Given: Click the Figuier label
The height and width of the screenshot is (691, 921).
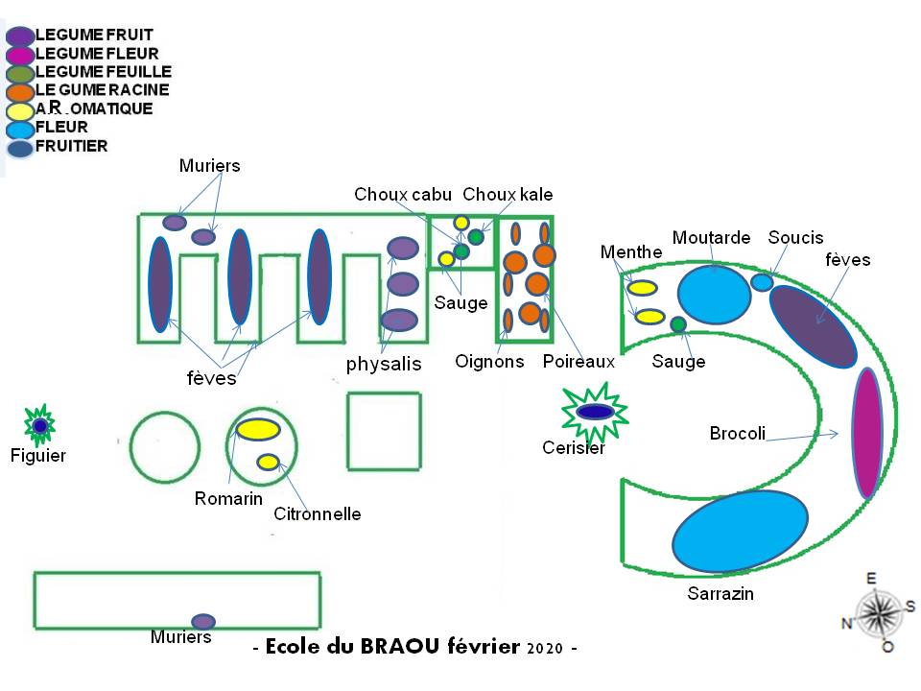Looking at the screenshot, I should pyautogui.click(x=39, y=455).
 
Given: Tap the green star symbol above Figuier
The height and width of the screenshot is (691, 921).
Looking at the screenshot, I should pyautogui.click(x=39, y=425).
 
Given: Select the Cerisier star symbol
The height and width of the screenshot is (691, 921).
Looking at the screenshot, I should pyautogui.click(x=595, y=412).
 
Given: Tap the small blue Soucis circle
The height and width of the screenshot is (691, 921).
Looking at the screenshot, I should pyautogui.click(x=762, y=282).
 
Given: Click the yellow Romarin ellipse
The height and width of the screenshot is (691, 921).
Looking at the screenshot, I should pyautogui.click(x=257, y=430).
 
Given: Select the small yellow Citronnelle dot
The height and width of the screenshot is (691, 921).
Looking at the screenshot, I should pyautogui.click(x=268, y=463).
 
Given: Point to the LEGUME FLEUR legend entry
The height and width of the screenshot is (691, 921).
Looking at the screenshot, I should pyautogui.click(x=96, y=54).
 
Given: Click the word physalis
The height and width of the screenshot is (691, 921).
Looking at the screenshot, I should pyautogui.click(x=384, y=365).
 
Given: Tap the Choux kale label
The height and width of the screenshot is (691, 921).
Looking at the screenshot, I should pyautogui.click(x=508, y=195).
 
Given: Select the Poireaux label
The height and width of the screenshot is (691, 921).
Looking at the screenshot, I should pyautogui.click(x=578, y=361).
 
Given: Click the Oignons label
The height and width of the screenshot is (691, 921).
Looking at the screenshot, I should pyautogui.click(x=489, y=361).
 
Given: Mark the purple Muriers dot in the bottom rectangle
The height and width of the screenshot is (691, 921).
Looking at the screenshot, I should pyautogui.click(x=202, y=621).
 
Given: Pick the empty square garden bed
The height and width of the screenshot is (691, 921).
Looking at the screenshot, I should pyautogui.click(x=384, y=431).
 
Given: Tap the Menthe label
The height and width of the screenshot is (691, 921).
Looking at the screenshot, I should pyautogui.click(x=631, y=252).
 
